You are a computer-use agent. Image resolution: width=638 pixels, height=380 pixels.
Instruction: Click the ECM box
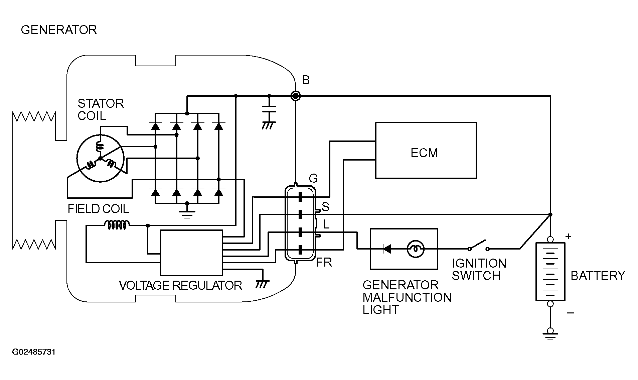[426, 150]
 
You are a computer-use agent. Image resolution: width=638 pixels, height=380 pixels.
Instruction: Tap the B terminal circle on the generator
[295, 96]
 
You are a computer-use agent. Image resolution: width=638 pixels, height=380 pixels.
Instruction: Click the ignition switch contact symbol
[478, 246]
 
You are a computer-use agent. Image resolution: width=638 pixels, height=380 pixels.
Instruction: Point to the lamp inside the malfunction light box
[415, 249]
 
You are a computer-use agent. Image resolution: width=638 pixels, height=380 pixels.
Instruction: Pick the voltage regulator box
[191, 253]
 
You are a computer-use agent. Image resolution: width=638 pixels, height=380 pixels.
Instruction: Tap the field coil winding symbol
[117, 225]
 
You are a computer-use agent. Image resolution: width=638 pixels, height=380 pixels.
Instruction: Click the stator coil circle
[100, 158]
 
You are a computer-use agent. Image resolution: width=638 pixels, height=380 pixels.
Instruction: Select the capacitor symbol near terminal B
[269, 111]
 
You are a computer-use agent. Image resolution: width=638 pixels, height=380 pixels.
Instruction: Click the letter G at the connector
[313, 179]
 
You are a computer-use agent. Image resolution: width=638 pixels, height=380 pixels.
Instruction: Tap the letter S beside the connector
[325, 207]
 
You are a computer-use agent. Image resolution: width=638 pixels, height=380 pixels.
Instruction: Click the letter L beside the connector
[326, 224]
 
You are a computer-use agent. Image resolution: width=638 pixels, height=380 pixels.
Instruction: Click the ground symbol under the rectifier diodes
[187, 213]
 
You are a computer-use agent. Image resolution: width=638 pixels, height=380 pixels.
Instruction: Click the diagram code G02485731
[34, 352]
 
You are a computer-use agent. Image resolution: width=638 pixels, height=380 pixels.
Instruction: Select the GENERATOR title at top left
[59, 30]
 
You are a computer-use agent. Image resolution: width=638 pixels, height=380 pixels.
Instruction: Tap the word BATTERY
[598, 276]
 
